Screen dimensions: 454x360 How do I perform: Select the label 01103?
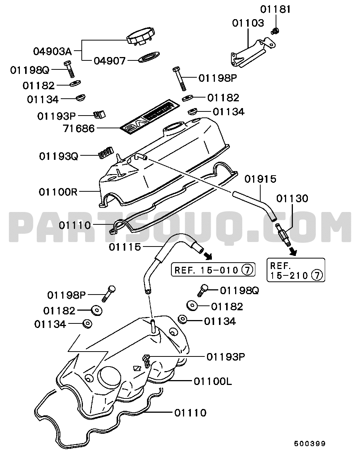[x=248, y=23]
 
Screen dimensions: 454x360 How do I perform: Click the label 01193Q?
[x=58, y=156]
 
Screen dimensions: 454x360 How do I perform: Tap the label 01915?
[x=260, y=179]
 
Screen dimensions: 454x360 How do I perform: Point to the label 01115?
[x=125, y=247]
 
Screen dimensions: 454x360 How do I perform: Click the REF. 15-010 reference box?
[x=213, y=269]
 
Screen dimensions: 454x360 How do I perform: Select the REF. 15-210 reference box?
[x=295, y=270]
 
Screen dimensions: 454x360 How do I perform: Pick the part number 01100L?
[x=213, y=382]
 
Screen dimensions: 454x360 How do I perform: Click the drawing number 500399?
[x=309, y=443]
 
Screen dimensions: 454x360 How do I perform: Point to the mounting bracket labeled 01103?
[x=249, y=53]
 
